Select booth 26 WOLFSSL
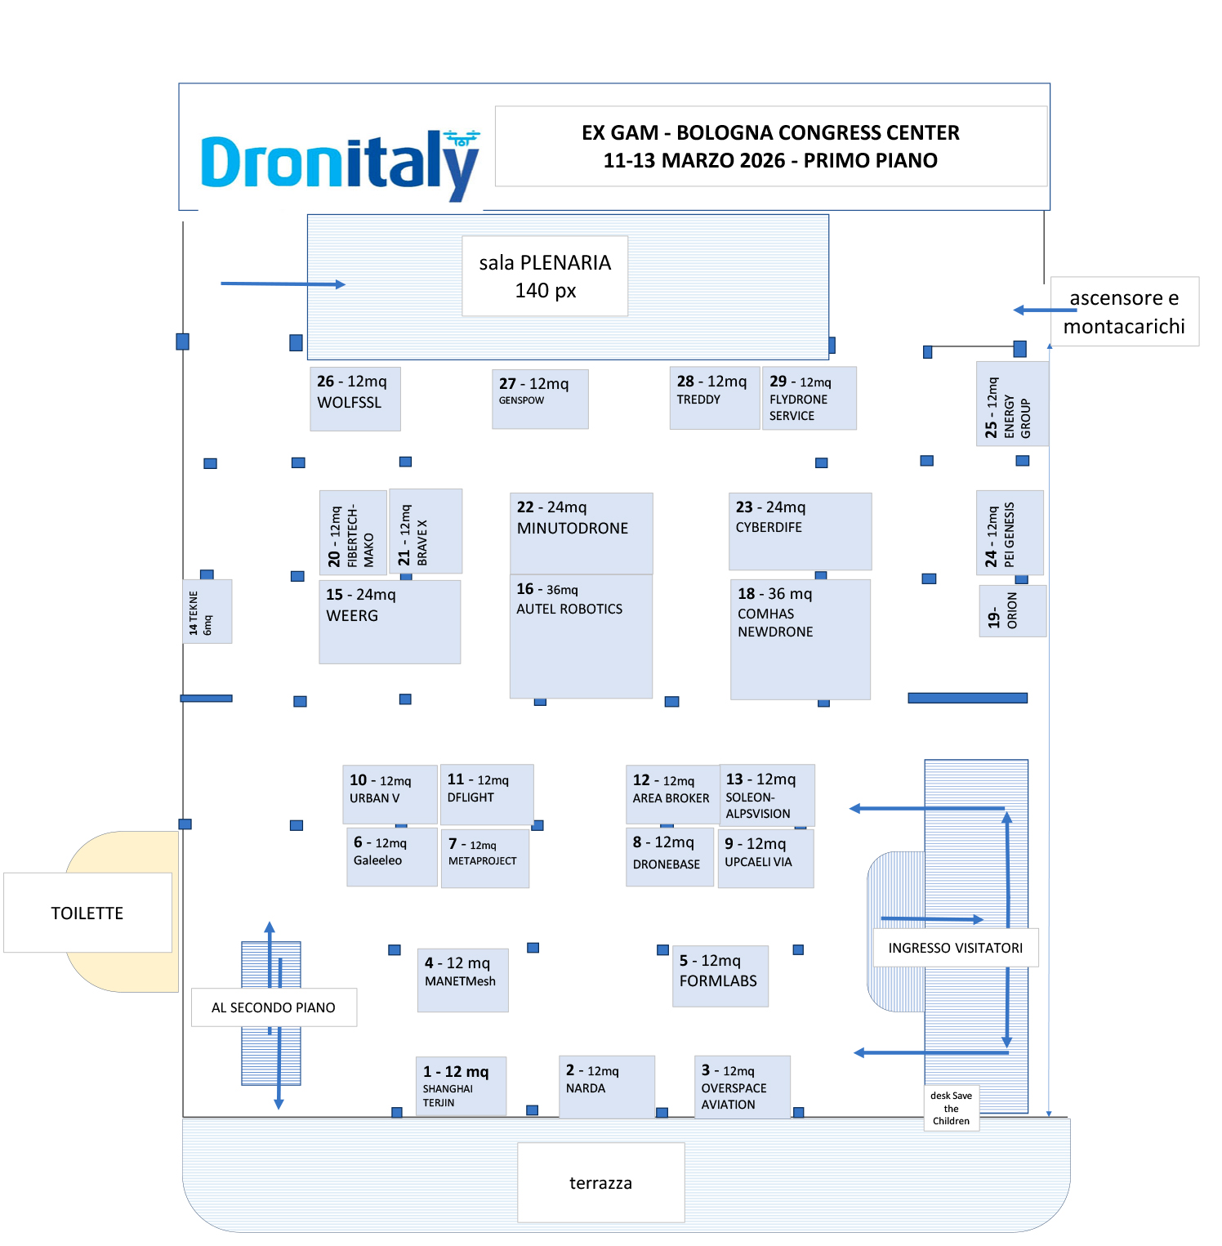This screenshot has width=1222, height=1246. point(355,399)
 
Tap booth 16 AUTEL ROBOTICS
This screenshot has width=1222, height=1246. point(581,636)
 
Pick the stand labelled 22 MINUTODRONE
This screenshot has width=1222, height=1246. point(581,532)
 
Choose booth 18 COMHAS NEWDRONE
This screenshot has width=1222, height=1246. point(800,639)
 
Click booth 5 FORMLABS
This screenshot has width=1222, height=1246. point(720,976)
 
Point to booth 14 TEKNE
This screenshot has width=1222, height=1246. point(207,611)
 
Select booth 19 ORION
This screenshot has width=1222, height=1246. point(1012,610)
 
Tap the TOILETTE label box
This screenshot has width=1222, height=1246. point(87,913)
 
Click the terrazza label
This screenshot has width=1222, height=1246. point(600,1182)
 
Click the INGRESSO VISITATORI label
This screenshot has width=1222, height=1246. point(955,948)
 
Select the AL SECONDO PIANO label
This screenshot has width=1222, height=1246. point(274,1007)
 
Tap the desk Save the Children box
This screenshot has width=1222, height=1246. point(951,1108)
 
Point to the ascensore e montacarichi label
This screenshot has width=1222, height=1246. point(1124,311)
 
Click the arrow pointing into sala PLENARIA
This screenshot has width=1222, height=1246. point(283,284)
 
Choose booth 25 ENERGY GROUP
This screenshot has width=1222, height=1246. point(1011,404)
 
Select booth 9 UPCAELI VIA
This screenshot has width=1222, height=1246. point(765,857)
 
